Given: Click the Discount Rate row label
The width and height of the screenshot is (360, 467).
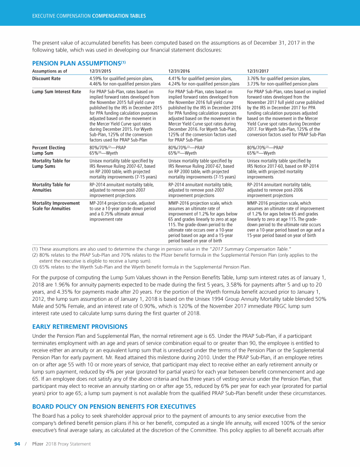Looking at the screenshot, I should pos(46,79).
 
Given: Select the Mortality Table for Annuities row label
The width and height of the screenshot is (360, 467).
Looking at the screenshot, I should pos(51,187).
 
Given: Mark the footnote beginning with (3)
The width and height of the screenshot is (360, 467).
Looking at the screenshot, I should pos(141,267).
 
